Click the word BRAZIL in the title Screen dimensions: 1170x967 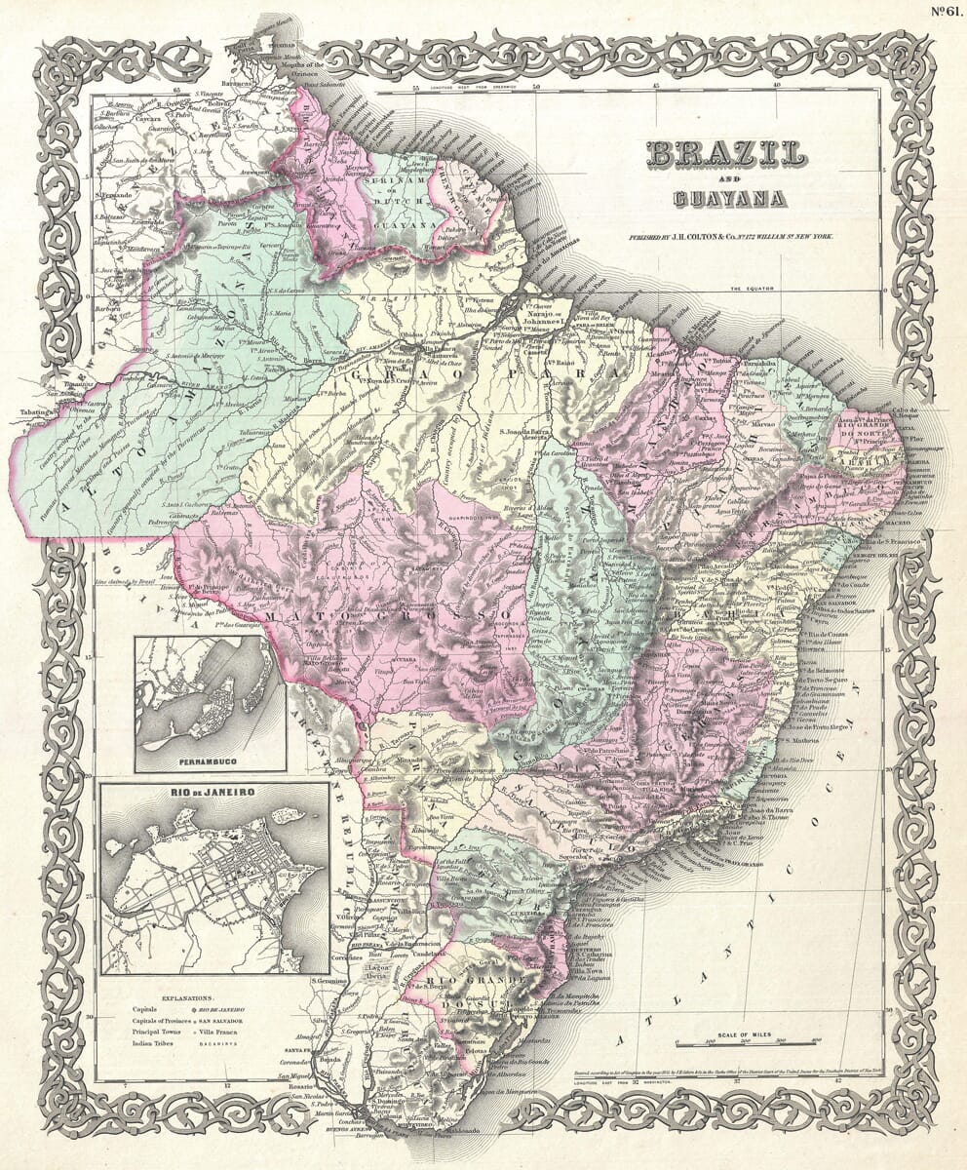[725, 154]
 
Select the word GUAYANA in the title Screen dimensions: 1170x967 [729, 199]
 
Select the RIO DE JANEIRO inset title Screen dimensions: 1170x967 [214, 793]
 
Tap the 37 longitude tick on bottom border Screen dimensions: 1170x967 [737, 1080]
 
